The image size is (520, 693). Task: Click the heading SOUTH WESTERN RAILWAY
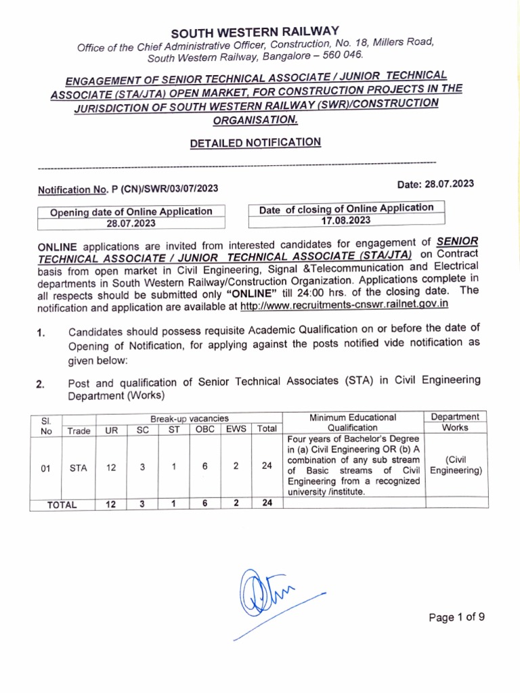(255, 32)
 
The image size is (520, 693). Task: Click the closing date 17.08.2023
(346, 220)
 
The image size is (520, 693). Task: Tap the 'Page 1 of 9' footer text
(457, 617)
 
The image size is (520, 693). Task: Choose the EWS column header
(236, 429)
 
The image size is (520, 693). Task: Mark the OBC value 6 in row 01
(204, 466)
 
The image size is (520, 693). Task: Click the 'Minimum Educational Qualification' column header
(352, 422)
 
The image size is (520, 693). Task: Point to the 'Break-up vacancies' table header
(189, 419)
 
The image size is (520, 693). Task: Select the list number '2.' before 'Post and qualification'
(41, 385)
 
